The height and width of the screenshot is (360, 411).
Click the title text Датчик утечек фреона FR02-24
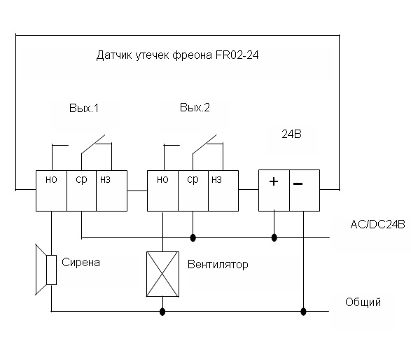177,55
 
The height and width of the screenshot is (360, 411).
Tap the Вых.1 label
84,109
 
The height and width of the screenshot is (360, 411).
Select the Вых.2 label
195,107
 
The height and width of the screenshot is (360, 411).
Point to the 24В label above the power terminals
291,134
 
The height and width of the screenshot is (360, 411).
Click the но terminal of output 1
51,191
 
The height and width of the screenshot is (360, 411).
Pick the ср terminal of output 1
81,191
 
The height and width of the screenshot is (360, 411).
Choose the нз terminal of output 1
111,191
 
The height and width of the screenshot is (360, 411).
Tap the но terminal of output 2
162,191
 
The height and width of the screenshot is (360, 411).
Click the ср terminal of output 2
193,191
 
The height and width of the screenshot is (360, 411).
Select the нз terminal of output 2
223,191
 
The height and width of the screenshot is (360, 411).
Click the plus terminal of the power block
274,191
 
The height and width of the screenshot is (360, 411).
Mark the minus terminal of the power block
305,191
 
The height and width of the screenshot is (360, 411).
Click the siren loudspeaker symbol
46,270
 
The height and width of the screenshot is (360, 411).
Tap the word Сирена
81,263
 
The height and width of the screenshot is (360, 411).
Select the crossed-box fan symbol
162,275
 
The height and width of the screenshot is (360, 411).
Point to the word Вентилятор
218,264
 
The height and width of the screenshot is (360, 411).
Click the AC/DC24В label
377,224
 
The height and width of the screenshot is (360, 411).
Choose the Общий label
363,303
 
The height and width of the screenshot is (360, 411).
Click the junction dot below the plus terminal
274,238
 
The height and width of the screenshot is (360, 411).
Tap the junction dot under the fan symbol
162,312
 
